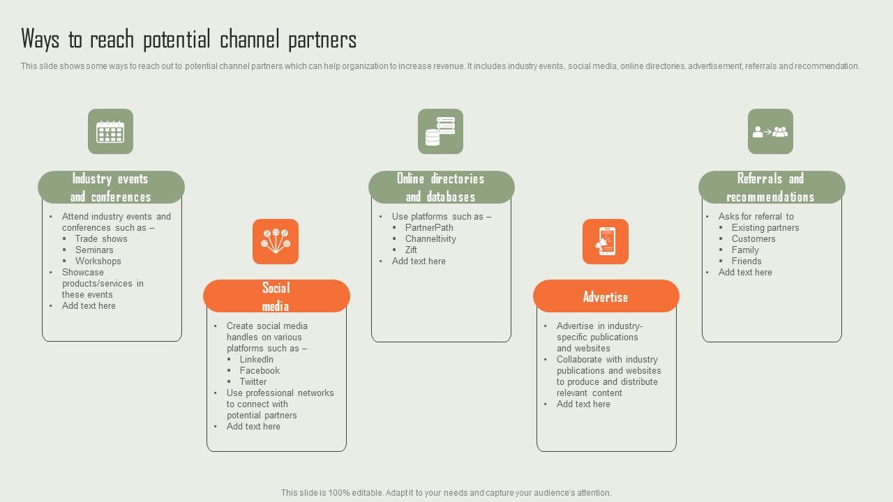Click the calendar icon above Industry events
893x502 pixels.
(x=110, y=131)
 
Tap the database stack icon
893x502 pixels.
(x=440, y=131)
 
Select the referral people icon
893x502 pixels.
(x=770, y=131)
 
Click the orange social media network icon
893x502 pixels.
(x=276, y=241)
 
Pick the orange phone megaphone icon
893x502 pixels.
(x=606, y=241)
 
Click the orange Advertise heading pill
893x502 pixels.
(x=606, y=296)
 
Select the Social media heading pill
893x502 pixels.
(x=276, y=296)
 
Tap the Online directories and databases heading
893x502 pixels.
(x=441, y=188)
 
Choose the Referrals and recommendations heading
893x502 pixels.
(x=771, y=188)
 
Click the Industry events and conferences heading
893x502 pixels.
(x=111, y=188)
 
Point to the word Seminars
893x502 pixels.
(x=94, y=250)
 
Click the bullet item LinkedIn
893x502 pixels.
(x=257, y=359)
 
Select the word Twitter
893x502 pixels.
(x=253, y=381)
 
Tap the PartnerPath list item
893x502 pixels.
(x=429, y=227)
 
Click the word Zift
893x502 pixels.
(x=411, y=250)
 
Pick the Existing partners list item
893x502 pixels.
(x=765, y=227)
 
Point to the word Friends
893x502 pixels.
(x=746, y=261)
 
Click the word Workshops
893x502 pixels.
(x=98, y=261)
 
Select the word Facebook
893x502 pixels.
(x=260, y=370)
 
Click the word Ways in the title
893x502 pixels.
(x=40, y=40)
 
